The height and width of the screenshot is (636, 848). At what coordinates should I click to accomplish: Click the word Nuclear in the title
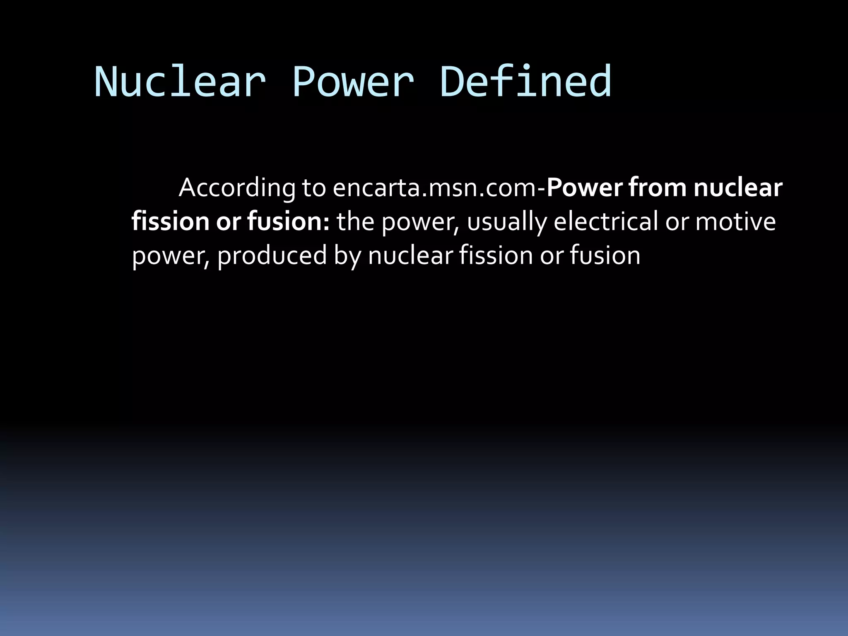180,82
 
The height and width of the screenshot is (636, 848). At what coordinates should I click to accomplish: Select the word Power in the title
353,82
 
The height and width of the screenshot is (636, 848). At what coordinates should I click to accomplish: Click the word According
237,188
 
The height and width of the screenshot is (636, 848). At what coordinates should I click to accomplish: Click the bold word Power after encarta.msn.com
584,188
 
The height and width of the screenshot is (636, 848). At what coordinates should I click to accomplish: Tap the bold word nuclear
738,188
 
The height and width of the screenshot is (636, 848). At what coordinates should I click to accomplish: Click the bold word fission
170,222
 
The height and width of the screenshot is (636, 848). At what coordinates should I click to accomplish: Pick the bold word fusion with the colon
288,222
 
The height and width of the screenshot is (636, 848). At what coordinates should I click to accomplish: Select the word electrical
606,222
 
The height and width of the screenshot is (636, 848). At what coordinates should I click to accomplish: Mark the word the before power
355,222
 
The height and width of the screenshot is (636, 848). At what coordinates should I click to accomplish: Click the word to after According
314,188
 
